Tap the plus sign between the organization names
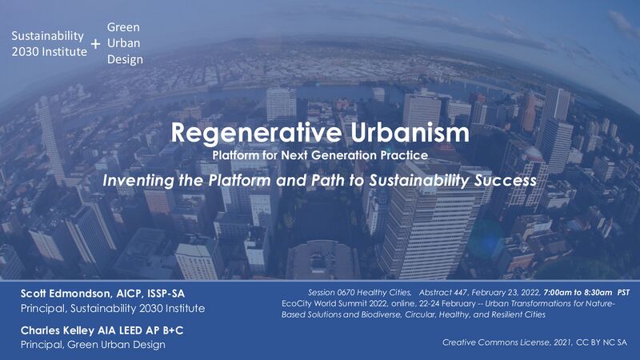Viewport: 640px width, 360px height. point(96,45)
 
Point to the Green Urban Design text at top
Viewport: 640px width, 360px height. point(124,43)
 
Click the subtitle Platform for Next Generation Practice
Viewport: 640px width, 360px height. point(320,153)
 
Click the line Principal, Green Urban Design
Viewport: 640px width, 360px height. point(94,345)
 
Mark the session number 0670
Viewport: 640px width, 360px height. point(342,291)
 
